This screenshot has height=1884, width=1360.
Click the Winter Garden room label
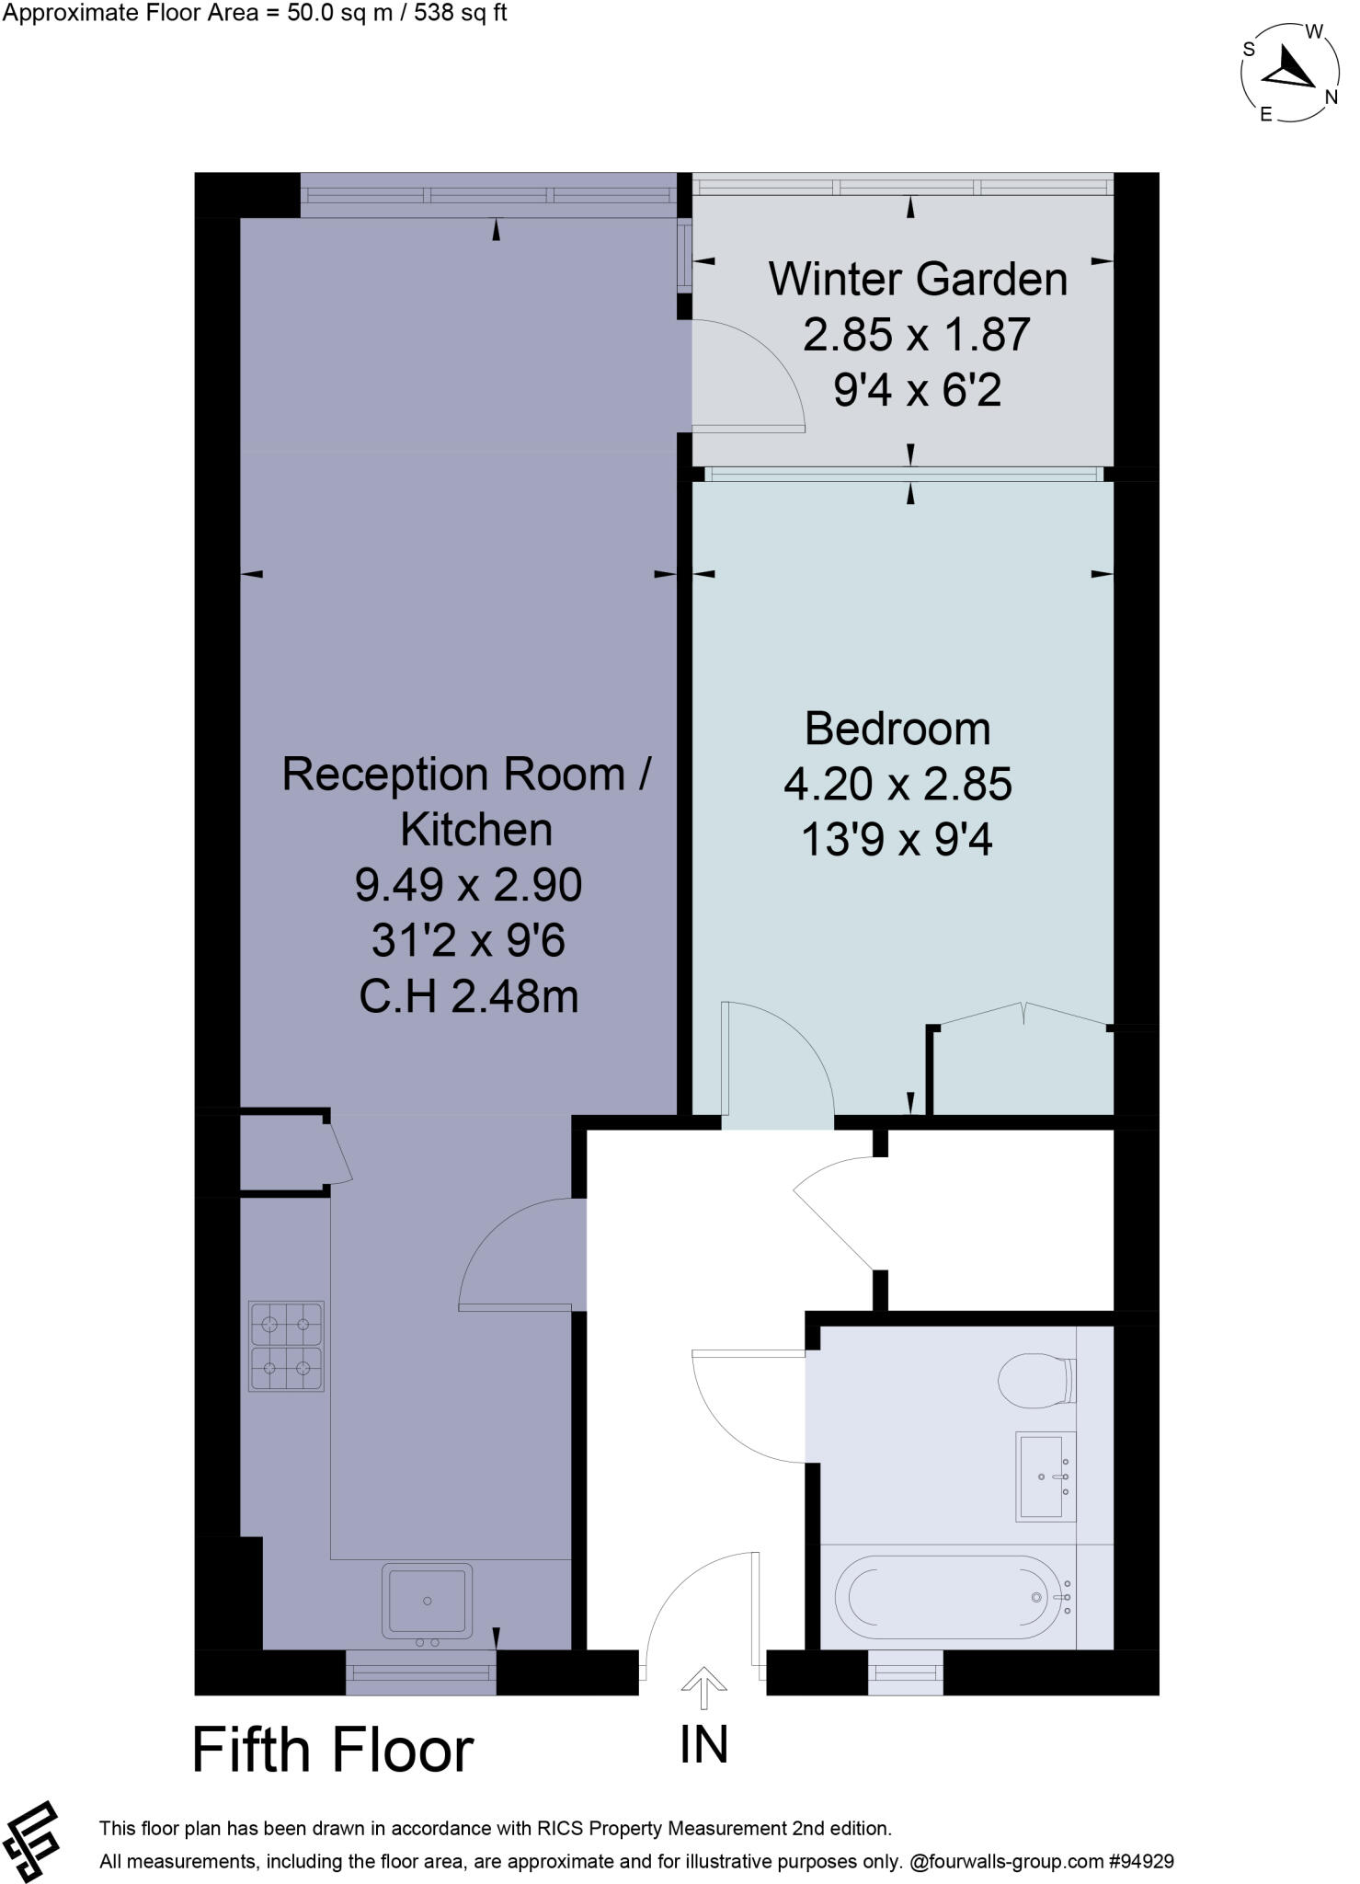coord(917,280)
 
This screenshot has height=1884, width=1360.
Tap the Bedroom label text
coord(897,729)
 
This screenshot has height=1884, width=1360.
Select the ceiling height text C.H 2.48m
coord(469,997)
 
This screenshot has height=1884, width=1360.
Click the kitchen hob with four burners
coord(286,1346)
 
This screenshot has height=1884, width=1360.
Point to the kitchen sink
coord(428,1602)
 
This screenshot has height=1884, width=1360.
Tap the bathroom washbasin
coord(1046,1476)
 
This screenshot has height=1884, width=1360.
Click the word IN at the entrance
coord(704,1745)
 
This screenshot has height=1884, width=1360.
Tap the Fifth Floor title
coord(333,1751)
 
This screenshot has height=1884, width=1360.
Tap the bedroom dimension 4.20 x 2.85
coord(897,785)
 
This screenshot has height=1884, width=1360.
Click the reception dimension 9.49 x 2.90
coord(469,886)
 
